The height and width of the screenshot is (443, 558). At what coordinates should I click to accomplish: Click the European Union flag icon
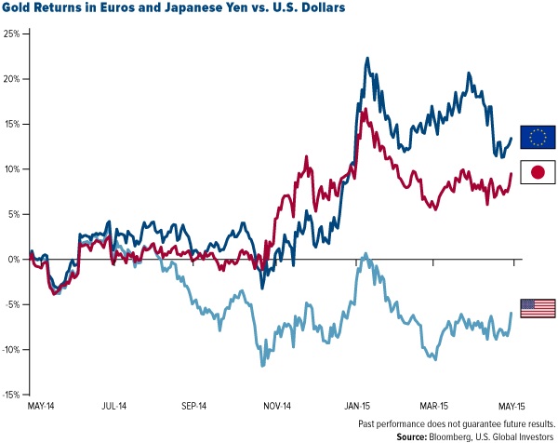coord(538,137)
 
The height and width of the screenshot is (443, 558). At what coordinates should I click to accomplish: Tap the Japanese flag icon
coord(538,172)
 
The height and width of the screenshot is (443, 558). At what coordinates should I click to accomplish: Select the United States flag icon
coord(538,308)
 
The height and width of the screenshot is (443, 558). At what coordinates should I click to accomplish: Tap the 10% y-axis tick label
coord(14,169)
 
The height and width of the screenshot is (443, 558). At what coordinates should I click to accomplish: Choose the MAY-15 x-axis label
coord(513,407)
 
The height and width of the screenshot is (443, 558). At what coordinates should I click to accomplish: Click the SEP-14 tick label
coord(197,407)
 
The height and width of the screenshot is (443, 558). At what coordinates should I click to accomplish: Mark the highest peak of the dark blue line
coord(368,58)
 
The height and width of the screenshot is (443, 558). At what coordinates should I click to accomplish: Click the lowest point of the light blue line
coord(262,365)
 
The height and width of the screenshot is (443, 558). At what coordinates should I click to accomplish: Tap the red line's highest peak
coord(363,109)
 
